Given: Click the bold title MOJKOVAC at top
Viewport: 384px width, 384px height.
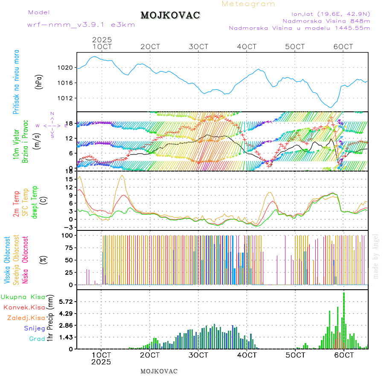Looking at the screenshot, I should (x=170, y=15).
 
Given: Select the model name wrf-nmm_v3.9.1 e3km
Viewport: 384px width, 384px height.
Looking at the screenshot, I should (x=81, y=25).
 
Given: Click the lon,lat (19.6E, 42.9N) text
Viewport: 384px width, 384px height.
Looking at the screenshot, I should (x=331, y=13).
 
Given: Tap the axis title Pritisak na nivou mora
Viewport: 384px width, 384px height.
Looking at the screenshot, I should (x=16, y=82).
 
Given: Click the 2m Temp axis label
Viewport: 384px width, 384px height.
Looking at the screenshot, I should (x=16, y=204).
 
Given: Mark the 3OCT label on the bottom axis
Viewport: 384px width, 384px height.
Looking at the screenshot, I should (x=198, y=355).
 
